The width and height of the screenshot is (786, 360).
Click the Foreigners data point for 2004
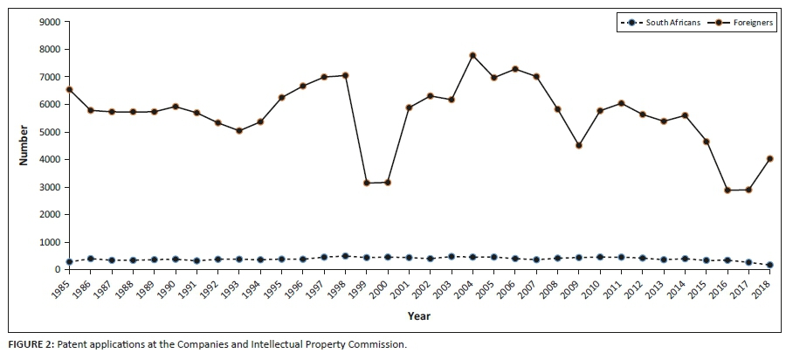pyautogui.click(x=472, y=55)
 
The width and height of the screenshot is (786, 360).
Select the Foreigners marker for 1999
pyautogui.click(x=367, y=183)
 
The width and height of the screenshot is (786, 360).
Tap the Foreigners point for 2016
pyautogui.click(x=727, y=190)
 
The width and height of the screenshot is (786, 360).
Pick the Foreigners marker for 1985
pyautogui.click(x=69, y=89)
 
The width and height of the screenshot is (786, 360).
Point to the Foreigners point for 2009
pyautogui.click(x=579, y=145)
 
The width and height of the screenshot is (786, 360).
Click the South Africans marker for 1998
pyautogui.click(x=345, y=256)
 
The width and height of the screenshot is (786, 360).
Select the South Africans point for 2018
pyautogui.click(x=770, y=265)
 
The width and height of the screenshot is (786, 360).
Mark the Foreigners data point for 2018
pyautogui.click(x=770, y=158)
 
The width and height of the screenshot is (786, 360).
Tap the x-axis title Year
pyautogui.click(x=419, y=315)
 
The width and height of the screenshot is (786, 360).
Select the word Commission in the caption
pyautogui.click(x=377, y=344)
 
